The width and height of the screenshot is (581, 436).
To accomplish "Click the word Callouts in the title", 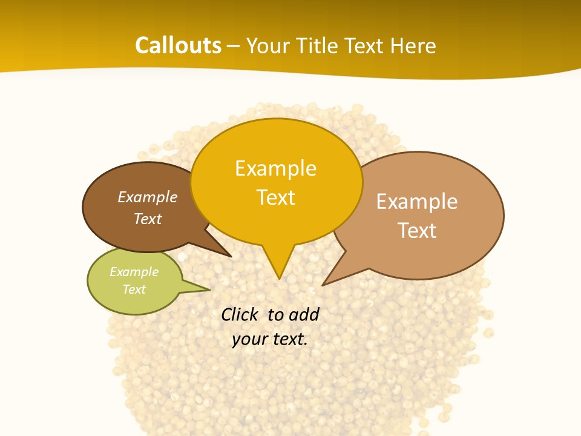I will click(178, 45).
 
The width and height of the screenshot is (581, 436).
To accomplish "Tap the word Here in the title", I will click(413, 45).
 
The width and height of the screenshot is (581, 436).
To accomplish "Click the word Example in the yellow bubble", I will click(275, 168).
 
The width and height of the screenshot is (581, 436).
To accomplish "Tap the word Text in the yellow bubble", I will click(276, 197).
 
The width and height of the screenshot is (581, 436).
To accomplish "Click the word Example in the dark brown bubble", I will click(147, 197).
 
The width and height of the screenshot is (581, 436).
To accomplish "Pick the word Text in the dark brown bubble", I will click(147, 219).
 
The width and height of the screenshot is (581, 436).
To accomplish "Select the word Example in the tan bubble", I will click(417, 201).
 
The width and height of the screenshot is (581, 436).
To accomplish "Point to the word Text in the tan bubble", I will click(417, 230).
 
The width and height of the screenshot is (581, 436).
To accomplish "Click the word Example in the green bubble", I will click(134, 272).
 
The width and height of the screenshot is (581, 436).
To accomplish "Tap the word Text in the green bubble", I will click(134, 289).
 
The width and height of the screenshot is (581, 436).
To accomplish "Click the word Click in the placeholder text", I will click(240, 314).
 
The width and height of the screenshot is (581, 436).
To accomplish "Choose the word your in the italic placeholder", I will click(249, 339).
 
